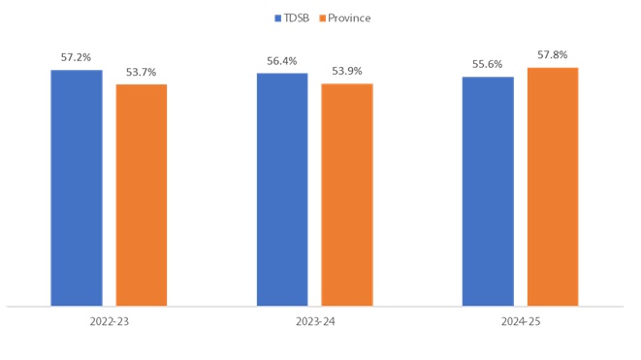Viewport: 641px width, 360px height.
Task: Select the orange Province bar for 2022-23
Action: [142, 195]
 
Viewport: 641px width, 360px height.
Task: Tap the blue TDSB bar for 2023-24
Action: [282, 189]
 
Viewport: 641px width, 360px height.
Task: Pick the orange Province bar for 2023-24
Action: [347, 194]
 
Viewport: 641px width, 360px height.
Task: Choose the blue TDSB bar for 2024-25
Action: [488, 191]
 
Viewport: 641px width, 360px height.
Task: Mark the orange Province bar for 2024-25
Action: [553, 186]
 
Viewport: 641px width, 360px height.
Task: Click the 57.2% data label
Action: [76, 58]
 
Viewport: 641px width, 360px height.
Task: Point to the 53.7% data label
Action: [142, 73]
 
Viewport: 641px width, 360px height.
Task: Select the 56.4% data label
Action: [282, 61]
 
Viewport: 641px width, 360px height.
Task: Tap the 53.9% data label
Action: [347, 72]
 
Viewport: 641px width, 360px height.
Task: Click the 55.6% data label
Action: [488, 65]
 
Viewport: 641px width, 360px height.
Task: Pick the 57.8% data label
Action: [553, 55]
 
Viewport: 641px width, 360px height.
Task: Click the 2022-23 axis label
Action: [109, 321]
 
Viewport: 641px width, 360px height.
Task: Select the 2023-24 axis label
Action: [315, 321]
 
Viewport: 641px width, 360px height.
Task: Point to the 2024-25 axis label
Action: [521, 321]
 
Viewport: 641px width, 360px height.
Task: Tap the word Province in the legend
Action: [349, 18]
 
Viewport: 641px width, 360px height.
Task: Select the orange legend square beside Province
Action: [322, 18]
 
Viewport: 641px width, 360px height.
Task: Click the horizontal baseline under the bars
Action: [315, 307]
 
